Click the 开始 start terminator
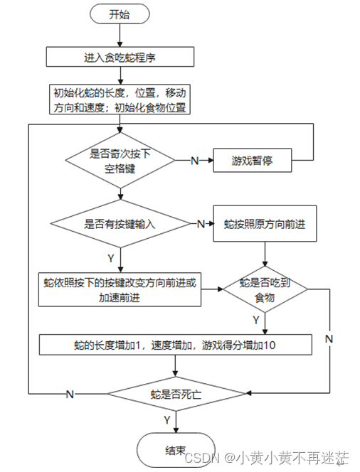tap(120, 14)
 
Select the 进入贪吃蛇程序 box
tap(120, 57)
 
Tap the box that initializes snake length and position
tap(120, 100)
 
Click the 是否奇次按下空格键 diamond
tap(120, 161)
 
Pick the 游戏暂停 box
tap(253, 160)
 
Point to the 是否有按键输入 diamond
tap(120, 224)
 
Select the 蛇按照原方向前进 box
tap(265, 224)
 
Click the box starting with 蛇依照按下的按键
tap(120, 289)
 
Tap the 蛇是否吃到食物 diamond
tap(265, 289)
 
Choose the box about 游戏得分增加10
tap(175, 345)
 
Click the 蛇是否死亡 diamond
tap(176, 394)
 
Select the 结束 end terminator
tap(176, 451)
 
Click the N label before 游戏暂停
tap(195, 161)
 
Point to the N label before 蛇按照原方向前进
tap(201, 224)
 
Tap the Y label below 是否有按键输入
tap(111, 258)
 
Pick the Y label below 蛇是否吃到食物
tap(256, 320)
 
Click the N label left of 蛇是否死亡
tap(70, 394)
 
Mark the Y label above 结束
tap(167, 420)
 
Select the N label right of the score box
tap(329, 339)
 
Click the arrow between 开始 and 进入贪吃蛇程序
tap(120, 36)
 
